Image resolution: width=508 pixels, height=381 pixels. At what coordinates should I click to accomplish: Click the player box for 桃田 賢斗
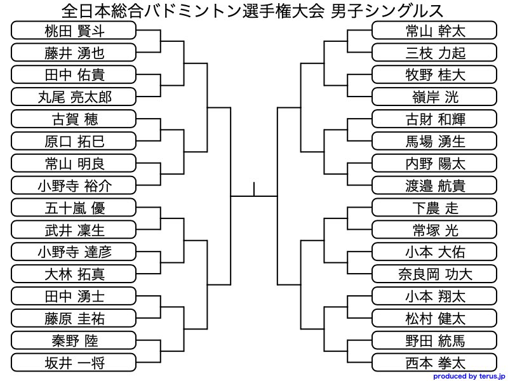click(x=74, y=30)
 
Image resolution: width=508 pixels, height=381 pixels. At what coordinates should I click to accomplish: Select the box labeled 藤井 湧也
click(x=74, y=53)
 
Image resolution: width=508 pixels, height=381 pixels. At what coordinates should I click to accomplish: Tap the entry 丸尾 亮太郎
click(x=74, y=97)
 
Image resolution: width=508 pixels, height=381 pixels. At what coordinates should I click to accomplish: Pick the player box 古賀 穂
click(x=74, y=119)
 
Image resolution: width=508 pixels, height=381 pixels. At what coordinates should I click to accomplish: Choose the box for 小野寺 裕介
click(x=74, y=185)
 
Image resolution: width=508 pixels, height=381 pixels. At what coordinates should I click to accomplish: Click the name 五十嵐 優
click(x=74, y=208)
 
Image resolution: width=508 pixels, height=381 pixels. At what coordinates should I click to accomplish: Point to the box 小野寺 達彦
click(x=74, y=251)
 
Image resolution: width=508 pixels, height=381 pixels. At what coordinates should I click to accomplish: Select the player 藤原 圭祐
click(x=74, y=318)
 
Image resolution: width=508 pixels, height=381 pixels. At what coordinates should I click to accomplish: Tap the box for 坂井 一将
click(x=74, y=363)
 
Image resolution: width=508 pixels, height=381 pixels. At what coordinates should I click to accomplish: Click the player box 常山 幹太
click(x=434, y=30)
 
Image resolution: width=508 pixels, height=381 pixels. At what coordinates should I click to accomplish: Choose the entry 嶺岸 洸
click(x=434, y=97)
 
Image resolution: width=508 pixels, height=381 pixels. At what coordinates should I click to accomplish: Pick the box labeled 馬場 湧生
click(x=434, y=141)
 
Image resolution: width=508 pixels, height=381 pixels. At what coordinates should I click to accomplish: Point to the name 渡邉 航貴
click(x=434, y=185)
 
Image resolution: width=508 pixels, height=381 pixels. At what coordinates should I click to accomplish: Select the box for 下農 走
click(x=434, y=208)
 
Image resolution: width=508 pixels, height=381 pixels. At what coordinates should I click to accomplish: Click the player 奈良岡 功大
click(x=434, y=274)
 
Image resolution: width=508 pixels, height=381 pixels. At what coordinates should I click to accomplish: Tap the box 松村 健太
click(x=434, y=318)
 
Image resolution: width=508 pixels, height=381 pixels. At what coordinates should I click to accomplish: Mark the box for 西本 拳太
click(x=434, y=363)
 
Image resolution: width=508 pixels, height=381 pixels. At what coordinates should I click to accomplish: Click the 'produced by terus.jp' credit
click(x=468, y=376)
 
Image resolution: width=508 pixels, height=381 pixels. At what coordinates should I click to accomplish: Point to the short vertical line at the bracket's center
click(x=254, y=189)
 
